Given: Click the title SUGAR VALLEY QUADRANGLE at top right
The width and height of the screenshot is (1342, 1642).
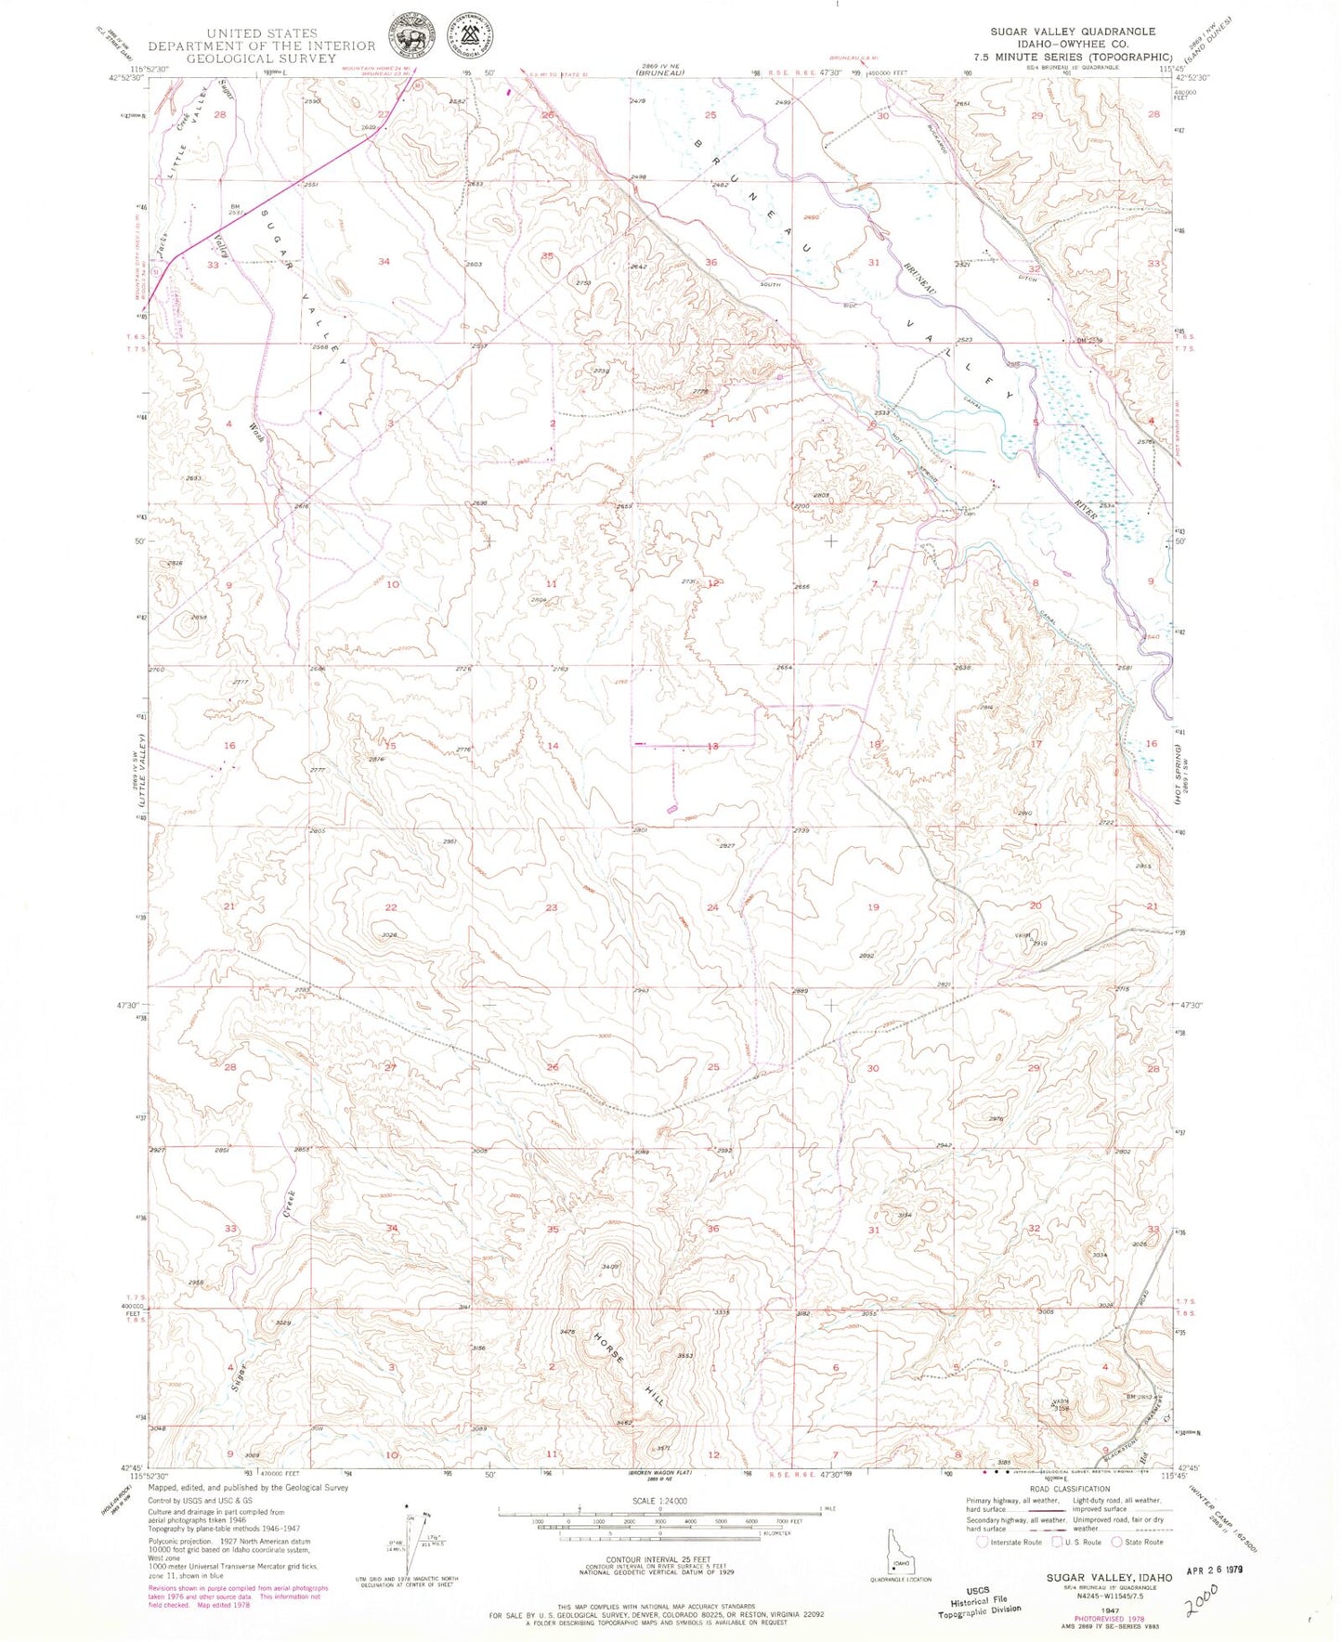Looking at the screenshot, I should coord(1072,32).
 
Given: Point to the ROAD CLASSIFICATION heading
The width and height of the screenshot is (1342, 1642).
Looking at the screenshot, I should coord(1068,1489).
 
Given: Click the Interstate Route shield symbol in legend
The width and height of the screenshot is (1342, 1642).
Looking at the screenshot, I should coord(982,1542).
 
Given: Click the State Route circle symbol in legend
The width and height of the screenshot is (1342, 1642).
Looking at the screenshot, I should coord(1118,1542).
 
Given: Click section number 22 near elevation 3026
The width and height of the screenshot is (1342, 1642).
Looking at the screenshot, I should coord(391,907).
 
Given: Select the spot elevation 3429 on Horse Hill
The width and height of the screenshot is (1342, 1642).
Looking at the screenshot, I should coord(610,1267).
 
